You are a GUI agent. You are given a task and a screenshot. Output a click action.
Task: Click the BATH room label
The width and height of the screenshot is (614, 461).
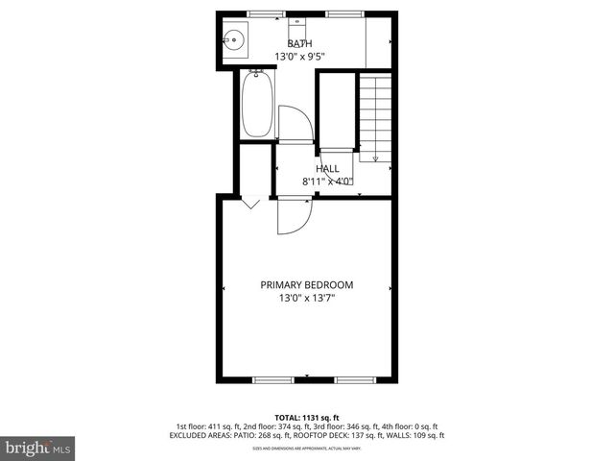[299, 43]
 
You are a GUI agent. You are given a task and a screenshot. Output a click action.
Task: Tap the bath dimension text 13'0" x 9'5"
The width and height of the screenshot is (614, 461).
[299, 57]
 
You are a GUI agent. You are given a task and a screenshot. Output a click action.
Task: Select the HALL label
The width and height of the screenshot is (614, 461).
[328, 168]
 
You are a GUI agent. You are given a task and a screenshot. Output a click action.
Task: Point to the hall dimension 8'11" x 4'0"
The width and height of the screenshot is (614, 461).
[328, 181]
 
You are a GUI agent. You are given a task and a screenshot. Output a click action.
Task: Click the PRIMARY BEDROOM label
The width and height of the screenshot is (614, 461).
[307, 285]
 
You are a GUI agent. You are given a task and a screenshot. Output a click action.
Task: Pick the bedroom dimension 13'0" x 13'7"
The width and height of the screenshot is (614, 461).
[307, 299]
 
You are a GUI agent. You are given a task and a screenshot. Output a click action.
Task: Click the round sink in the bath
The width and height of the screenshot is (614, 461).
[233, 41]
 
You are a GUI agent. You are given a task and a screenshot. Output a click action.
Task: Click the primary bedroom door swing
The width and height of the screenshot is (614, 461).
[293, 215]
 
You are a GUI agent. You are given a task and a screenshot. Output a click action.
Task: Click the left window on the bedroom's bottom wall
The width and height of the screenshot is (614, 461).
[272, 380]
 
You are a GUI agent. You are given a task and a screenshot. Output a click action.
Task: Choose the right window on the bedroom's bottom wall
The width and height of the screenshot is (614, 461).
[354, 380]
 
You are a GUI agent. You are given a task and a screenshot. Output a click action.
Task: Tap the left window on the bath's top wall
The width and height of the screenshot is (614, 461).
[260, 13]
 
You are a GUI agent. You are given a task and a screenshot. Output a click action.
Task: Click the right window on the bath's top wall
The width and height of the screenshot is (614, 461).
[340, 13]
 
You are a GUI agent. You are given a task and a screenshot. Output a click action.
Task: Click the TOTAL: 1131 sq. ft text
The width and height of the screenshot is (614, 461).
[307, 418]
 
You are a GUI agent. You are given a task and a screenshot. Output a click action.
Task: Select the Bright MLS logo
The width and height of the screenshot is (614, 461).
[38, 448]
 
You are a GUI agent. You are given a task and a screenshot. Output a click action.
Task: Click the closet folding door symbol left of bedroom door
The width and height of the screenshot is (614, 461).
[250, 203]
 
